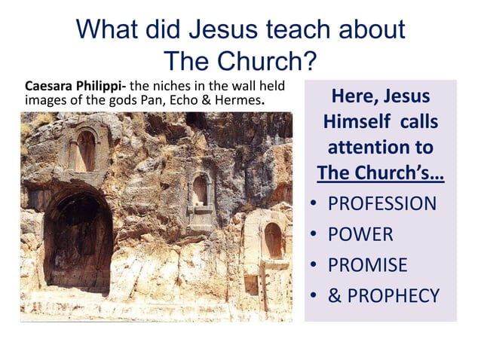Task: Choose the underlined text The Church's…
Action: pyautogui.click(x=380, y=172)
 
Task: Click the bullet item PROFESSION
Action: pyautogui.click(x=382, y=203)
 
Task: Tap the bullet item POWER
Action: pyautogui.click(x=360, y=234)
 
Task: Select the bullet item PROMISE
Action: pyautogui.click(x=368, y=265)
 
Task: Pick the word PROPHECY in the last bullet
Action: pyautogui.click(x=394, y=296)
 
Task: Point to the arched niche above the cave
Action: pyautogui.click(x=85, y=151)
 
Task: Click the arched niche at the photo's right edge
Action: pyautogui.click(x=272, y=240)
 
